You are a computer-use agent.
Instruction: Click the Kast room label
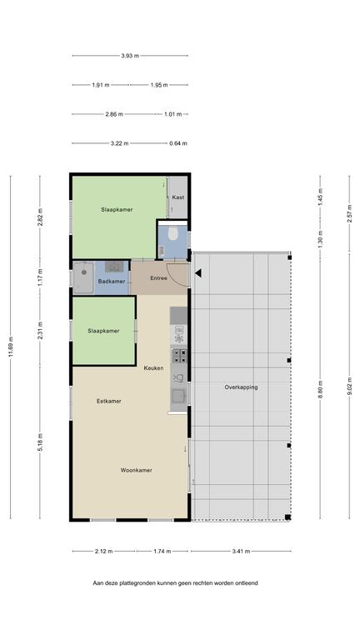[178, 197]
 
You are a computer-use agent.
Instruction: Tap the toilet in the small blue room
[172, 233]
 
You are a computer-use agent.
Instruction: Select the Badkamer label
[112, 281]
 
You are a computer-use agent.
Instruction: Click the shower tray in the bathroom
[83, 277]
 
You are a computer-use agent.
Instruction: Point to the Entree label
[159, 278]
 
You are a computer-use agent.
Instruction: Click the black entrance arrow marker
[198, 273]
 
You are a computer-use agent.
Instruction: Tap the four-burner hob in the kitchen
[179, 356]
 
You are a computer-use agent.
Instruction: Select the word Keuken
[153, 367]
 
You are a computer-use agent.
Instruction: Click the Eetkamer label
[109, 401]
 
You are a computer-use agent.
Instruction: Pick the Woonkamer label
[137, 470]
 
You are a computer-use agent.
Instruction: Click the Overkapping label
[241, 387]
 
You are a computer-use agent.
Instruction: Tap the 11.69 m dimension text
[11, 347]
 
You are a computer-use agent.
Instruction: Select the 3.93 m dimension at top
[130, 56]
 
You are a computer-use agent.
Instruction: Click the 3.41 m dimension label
[241, 551]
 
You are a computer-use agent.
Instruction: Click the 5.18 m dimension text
[40, 442]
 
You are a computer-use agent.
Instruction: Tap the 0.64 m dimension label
[178, 143]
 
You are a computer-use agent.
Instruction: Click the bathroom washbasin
[114, 267]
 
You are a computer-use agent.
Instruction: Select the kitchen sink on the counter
[179, 396]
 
